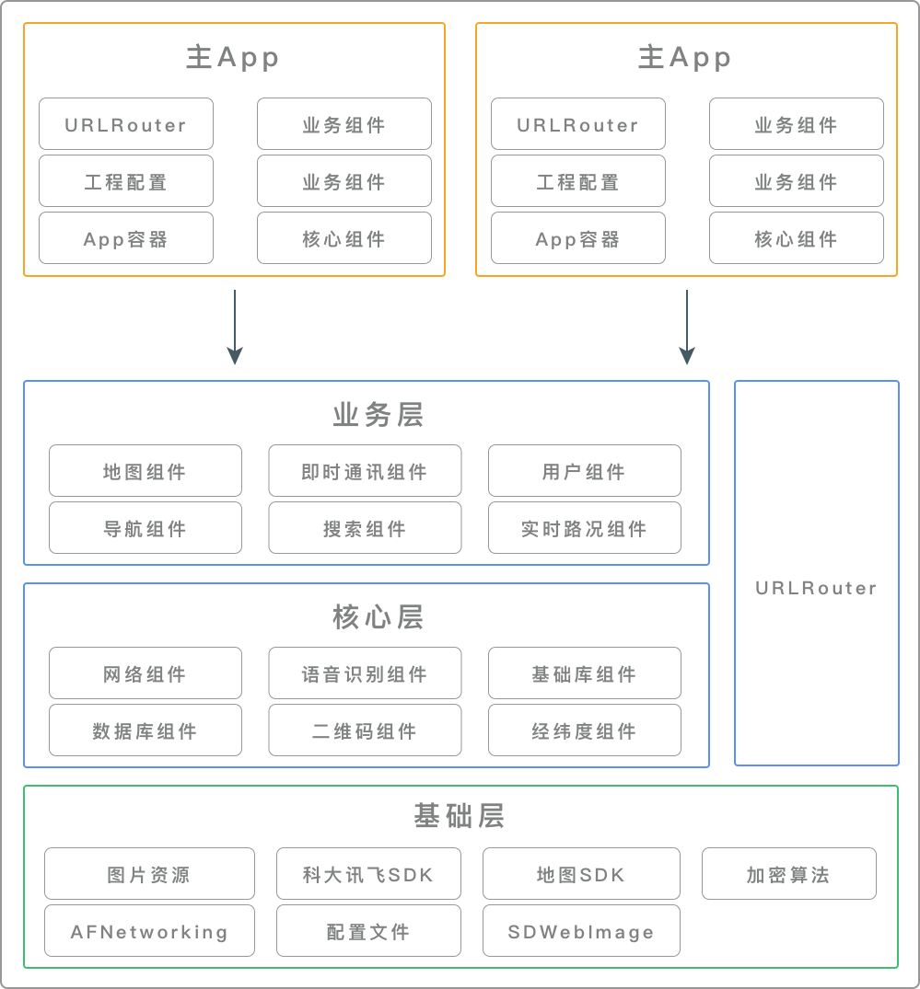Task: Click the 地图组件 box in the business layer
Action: pos(145,471)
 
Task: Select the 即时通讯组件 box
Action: pos(365,471)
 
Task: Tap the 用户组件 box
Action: pos(584,471)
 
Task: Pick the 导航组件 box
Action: pos(145,528)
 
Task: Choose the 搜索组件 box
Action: pos(365,528)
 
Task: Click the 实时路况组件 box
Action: pos(584,528)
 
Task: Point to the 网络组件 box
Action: pos(145,673)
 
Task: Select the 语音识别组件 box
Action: pos(365,673)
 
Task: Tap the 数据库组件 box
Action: pos(145,730)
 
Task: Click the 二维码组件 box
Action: pos(365,730)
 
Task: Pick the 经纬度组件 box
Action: pos(584,730)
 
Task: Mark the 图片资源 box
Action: pos(149,874)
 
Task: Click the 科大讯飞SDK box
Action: pos(368,874)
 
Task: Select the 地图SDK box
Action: pos(581,874)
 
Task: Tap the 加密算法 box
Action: pos(788,874)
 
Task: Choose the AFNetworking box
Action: pos(149,931)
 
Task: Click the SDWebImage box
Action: pos(581,931)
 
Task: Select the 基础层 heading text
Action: pos(459,816)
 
